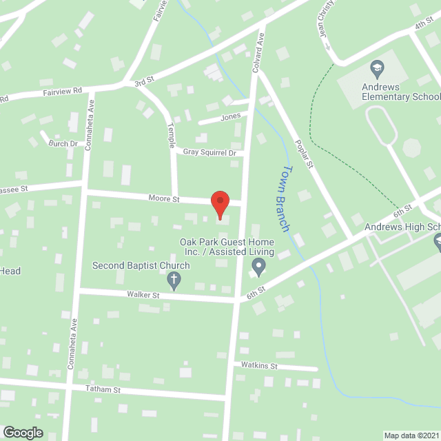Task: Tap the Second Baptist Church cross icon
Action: coord(173,280)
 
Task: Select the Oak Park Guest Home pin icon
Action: coord(258,265)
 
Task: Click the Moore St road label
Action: coord(164,199)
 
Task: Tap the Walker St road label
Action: coord(143,295)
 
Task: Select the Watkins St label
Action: coord(259,366)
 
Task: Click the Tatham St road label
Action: coord(103,389)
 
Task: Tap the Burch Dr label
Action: coord(63,143)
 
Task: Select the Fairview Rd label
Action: coord(62,90)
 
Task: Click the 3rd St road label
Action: coord(143,83)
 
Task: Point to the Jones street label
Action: coord(230,116)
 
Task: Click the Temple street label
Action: coord(172,134)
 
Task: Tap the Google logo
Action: coord(23,433)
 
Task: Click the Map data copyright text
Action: coord(411,435)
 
